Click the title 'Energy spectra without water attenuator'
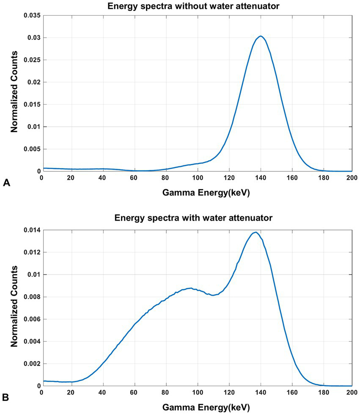[x=197, y=5]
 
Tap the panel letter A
[x=6, y=183]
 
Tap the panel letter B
[x=6, y=397]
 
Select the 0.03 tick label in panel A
[x=30, y=38]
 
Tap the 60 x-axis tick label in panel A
[x=135, y=178]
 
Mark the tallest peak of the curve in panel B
[x=256, y=232]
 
